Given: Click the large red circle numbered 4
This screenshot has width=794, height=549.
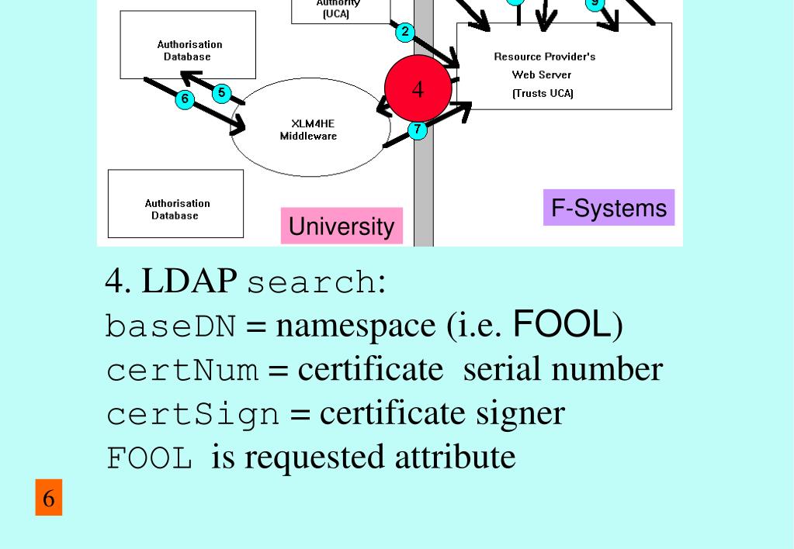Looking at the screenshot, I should pyautogui.click(x=418, y=88).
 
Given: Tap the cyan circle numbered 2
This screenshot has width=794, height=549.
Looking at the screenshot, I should pyautogui.click(x=404, y=32).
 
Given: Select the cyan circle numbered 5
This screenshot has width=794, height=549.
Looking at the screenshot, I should pyautogui.click(x=221, y=93).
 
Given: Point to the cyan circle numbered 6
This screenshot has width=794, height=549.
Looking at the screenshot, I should pyautogui.click(x=184, y=98).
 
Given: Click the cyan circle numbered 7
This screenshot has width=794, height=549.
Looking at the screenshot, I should pyautogui.click(x=418, y=129).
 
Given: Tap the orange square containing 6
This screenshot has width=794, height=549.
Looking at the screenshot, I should pyautogui.click(x=48, y=498).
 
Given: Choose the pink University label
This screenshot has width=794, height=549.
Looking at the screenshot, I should pyautogui.click(x=342, y=226).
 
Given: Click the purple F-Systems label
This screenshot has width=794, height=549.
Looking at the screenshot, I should pyautogui.click(x=609, y=208).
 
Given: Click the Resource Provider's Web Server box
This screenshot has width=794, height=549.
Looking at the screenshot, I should pyautogui.click(x=563, y=66).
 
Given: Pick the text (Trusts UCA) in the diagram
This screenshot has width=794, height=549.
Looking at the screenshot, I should pyautogui.click(x=543, y=94).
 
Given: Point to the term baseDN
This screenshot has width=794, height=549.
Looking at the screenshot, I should pyautogui.click(x=170, y=326).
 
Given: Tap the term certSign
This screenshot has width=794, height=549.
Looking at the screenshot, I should pyautogui.click(x=192, y=414).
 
